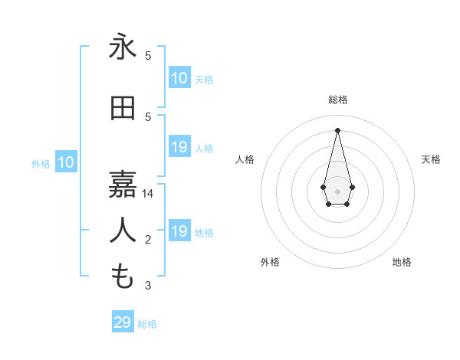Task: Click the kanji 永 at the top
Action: pos(123,47)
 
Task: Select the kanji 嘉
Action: pos(123,183)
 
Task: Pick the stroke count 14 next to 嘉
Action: pos(149,194)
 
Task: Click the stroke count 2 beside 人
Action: pos(148,241)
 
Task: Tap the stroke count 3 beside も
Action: pos(149,286)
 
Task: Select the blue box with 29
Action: pos(123,322)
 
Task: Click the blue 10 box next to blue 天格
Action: pos(179,78)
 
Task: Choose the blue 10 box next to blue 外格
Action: pos(66,162)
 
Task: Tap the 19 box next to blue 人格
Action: pos(179,147)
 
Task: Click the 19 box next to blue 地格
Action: pos(179,231)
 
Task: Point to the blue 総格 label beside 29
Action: pos(147,324)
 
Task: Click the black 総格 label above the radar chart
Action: pos(337,100)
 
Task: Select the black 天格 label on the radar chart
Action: pos(431,159)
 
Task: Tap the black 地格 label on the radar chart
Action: pos(402,262)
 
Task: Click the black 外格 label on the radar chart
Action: pos(270,262)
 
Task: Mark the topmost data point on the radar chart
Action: pos(337,129)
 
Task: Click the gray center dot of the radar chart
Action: pos(337,191)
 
